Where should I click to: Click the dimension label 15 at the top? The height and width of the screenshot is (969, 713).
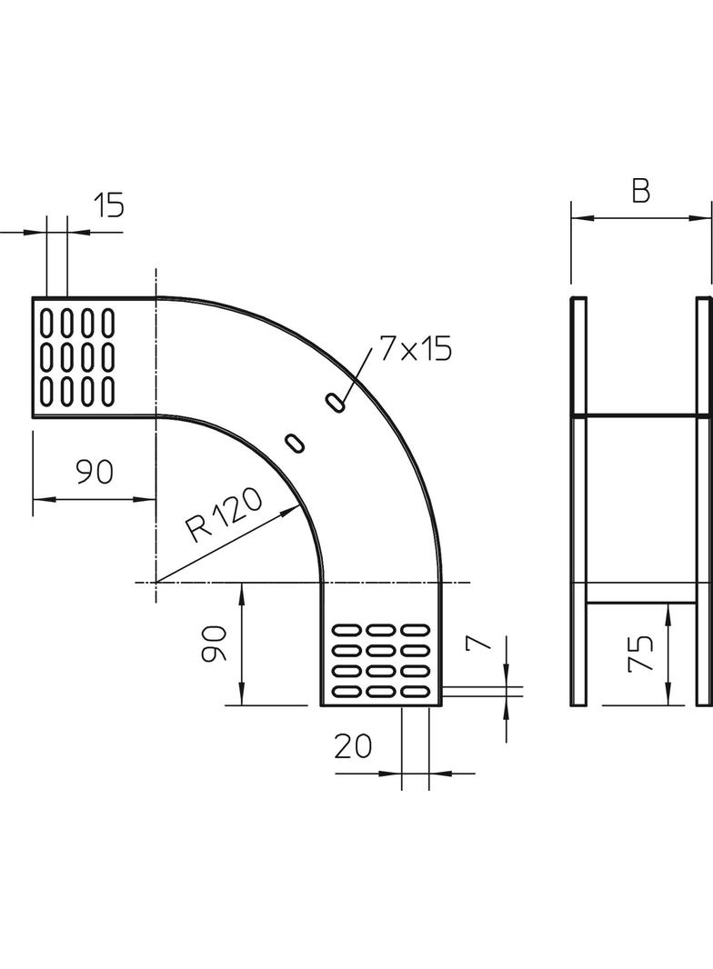tap(108, 205)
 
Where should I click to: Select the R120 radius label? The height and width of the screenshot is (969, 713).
tap(223, 515)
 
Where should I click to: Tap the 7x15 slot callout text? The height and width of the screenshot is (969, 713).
tap(416, 349)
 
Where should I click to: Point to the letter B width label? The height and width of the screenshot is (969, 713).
tap(640, 192)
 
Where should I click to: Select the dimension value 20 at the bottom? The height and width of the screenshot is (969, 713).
tap(353, 746)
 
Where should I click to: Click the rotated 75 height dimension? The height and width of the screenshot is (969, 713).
tap(640, 654)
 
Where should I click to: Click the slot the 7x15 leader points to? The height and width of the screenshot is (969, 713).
tap(337, 401)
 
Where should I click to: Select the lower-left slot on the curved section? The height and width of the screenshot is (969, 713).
tap(296, 443)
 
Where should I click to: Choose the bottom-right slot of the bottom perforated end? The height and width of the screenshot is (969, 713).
tap(416, 692)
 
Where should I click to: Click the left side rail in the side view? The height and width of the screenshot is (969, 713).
tap(578, 501)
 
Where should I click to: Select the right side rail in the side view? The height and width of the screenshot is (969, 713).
tap(703, 501)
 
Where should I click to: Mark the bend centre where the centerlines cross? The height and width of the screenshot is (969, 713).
tap(156, 582)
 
